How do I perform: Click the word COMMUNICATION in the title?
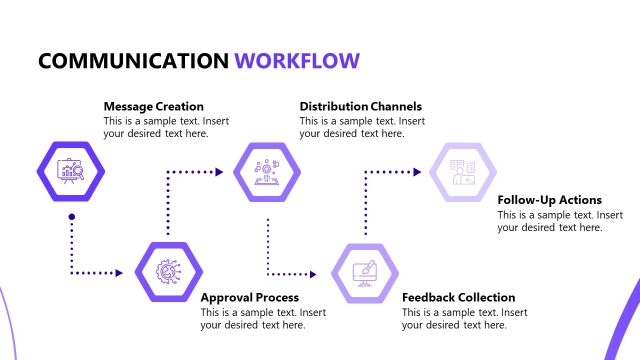pyautogui.click(x=133, y=61)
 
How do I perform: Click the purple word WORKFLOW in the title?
pyautogui.click(x=297, y=61)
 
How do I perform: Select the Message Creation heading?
pyautogui.click(x=153, y=106)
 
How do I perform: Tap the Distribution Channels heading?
pyautogui.click(x=360, y=106)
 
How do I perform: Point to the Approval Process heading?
pyautogui.click(x=249, y=297)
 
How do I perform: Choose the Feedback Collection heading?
pyautogui.click(x=458, y=297)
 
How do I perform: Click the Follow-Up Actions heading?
pyautogui.click(x=549, y=199)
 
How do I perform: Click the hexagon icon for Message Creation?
pyautogui.click(x=71, y=171)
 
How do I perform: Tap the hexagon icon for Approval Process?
pyautogui.click(x=169, y=271)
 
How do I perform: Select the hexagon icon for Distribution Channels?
pyautogui.click(x=267, y=171)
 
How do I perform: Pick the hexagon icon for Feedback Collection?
pyautogui.click(x=365, y=271)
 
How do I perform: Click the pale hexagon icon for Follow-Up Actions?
pyautogui.click(x=463, y=171)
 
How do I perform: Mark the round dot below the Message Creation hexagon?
pyautogui.click(x=71, y=217)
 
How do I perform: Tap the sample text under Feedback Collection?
pyautogui.click(x=464, y=319)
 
